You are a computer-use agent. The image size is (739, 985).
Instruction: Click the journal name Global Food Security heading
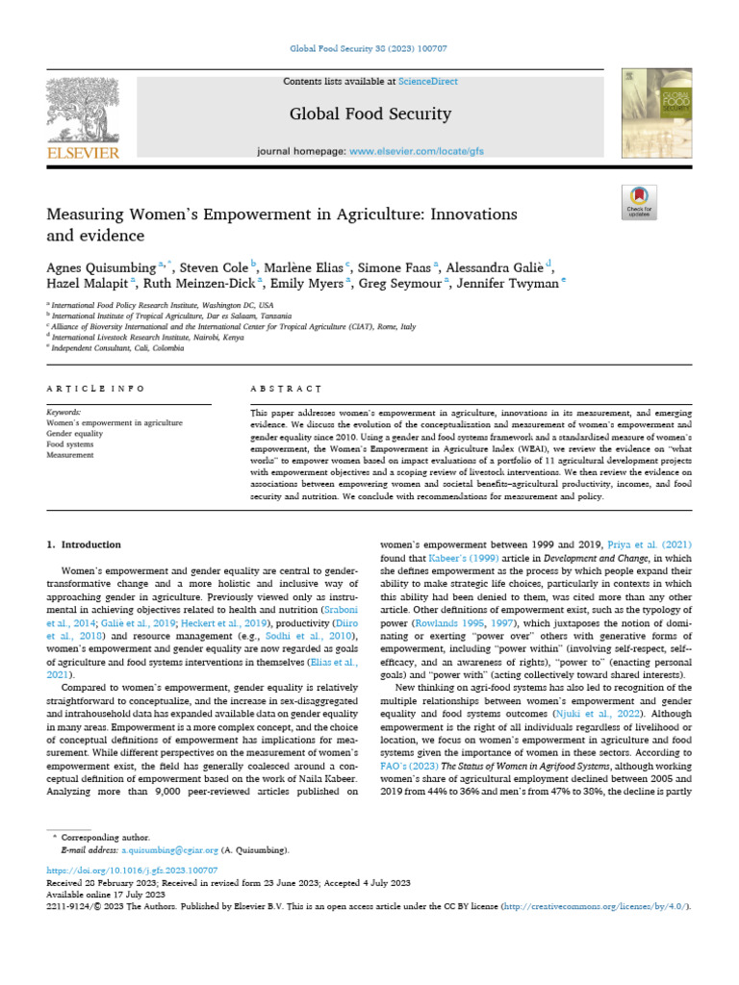point(370,114)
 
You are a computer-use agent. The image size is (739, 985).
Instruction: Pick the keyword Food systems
point(70,444)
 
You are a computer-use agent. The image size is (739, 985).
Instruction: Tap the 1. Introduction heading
point(85,544)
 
